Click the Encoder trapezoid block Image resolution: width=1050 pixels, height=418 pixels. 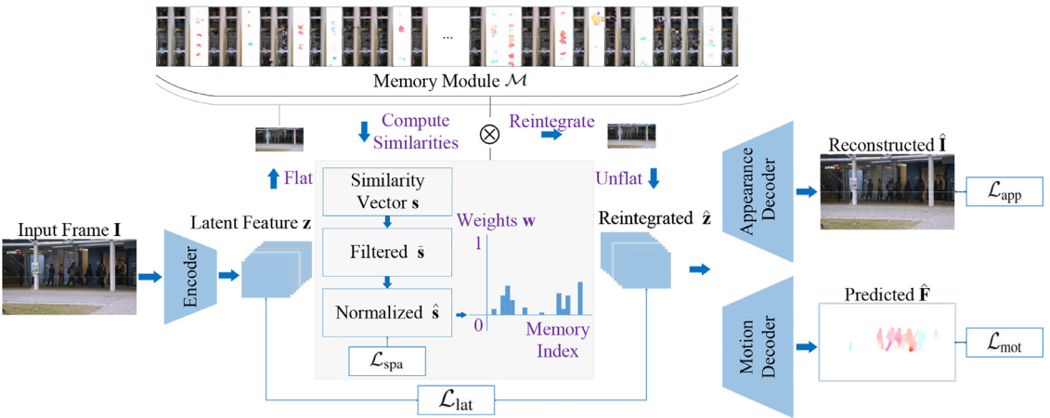point(189,276)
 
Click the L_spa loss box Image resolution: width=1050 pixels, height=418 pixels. point(387,360)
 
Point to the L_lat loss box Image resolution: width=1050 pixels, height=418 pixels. point(456,400)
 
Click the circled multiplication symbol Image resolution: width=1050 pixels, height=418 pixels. point(489,133)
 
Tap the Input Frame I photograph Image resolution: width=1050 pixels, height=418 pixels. point(70,276)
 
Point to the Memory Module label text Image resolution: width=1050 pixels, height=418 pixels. point(449,82)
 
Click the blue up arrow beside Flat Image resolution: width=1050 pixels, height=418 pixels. point(273,178)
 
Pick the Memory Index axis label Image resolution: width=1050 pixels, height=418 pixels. point(557,341)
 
